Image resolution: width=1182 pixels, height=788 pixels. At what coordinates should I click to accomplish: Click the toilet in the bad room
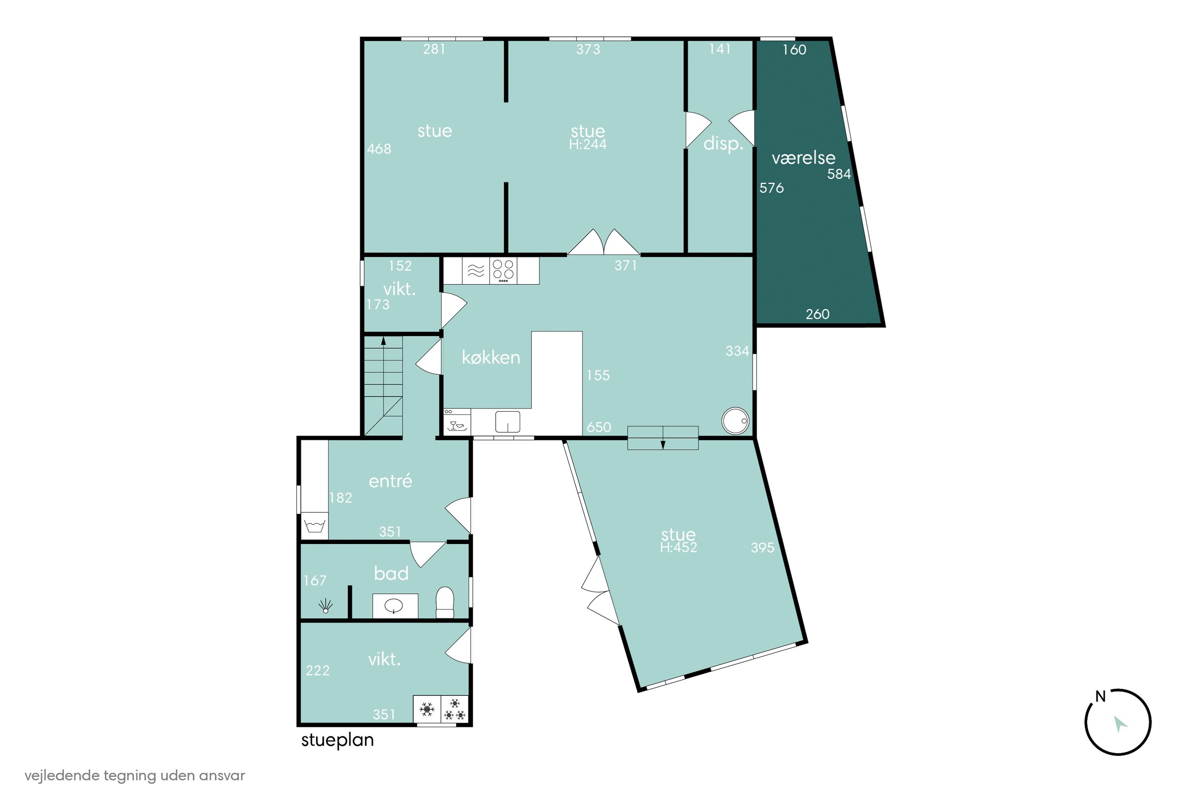[445, 602]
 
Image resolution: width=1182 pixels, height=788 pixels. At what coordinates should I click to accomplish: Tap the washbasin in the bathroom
[395, 606]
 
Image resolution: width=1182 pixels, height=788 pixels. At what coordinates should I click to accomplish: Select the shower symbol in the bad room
[326, 606]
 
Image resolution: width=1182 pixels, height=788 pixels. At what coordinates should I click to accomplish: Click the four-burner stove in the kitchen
[503, 270]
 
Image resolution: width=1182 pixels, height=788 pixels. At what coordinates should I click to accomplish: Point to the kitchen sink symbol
[507, 422]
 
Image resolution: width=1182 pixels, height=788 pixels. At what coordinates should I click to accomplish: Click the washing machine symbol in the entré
[314, 526]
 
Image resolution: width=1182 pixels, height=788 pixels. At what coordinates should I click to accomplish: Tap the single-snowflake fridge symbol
[427, 709]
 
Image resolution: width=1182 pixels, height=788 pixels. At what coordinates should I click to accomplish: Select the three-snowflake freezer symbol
[455, 709]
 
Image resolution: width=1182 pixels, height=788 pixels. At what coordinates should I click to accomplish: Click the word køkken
[491, 357]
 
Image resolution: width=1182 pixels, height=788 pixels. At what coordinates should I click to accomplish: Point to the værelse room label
[804, 158]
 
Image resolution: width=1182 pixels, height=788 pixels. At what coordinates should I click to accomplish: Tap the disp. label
[723, 144]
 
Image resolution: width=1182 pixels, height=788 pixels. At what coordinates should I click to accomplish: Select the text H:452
[678, 547]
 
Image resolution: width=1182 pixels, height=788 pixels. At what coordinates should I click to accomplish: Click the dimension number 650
[599, 427]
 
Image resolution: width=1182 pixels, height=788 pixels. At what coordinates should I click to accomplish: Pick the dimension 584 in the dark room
[839, 174]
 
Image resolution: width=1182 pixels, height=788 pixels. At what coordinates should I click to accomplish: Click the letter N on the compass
[1100, 697]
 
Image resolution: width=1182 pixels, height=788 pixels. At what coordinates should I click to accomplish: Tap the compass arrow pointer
[1120, 724]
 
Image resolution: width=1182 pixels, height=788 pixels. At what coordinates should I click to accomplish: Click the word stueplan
[338, 740]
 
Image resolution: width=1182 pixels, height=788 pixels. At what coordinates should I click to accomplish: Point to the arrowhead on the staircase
[383, 341]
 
